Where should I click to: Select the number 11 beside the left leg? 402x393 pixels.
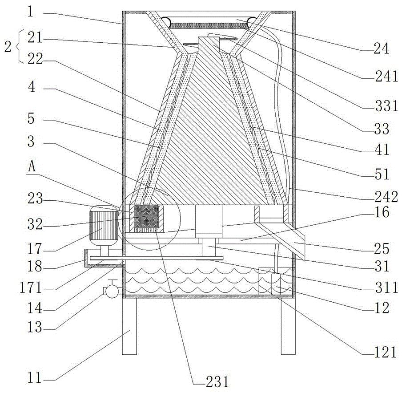coord(34,377)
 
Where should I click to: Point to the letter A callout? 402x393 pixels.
coord(32,167)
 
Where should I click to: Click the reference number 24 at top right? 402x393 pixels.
coord(381,49)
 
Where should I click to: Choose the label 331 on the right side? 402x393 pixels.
coord(386,105)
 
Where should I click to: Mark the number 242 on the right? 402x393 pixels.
coord(386,197)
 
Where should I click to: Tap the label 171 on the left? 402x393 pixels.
coord(31,288)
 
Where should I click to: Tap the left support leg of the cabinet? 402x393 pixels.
coord(129,326)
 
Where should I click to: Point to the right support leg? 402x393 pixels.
coord(288,326)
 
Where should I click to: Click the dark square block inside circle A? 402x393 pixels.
coord(146,216)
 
